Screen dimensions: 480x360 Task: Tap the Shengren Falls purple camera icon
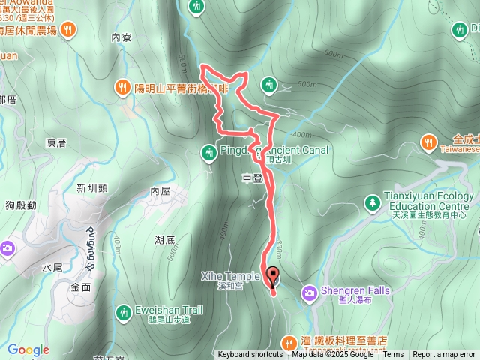click(x=309, y=292)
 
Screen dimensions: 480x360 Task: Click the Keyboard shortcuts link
click(x=250, y=355)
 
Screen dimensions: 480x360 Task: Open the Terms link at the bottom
click(x=393, y=355)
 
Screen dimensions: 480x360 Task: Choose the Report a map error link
click(x=443, y=355)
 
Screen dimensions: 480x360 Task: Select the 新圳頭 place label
click(x=91, y=188)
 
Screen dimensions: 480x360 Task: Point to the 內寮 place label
click(x=121, y=37)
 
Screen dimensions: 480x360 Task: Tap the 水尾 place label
click(x=52, y=267)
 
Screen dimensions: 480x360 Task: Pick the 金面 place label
click(x=81, y=286)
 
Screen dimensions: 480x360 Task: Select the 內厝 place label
click(x=160, y=191)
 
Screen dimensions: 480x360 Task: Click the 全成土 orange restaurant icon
click(x=428, y=141)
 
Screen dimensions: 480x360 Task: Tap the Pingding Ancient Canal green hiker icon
click(x=209, y=152)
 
